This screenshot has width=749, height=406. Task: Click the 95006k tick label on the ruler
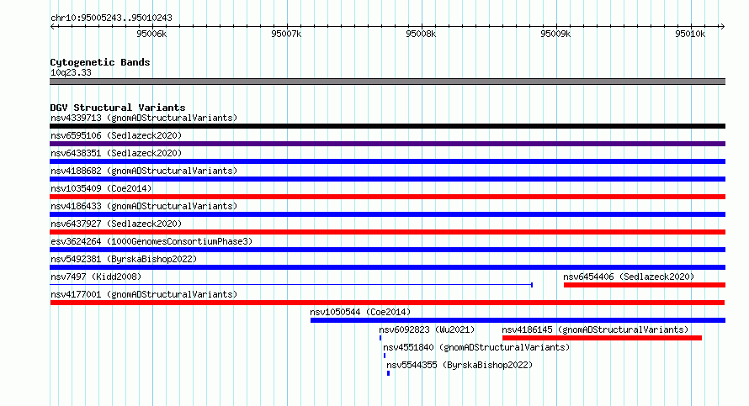click(x=151, y=34)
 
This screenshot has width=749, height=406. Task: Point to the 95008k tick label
click(x=421, y=34)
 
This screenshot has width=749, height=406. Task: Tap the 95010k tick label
click(x=690, y=34)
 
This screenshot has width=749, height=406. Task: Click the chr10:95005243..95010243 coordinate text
click(x=111, y=18)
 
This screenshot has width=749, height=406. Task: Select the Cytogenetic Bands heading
click(x=100, y=62)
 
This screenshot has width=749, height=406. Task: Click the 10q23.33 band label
click(x=71, y=72)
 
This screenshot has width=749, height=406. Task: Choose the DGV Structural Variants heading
click(x=118, y=108)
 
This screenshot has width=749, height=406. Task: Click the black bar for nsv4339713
click(x=387, y=126)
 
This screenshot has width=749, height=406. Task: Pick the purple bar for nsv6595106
click(x=387, y=144)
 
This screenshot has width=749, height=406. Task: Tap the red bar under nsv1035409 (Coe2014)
click(x=387, y=197)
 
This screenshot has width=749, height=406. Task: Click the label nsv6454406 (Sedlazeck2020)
click(x=629, y=277)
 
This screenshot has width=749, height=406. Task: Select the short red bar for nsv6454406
click(x=645, y=285)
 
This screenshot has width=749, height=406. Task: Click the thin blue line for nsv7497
click(x=291, y=285)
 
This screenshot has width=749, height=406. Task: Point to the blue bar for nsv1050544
click(x=518, y=320)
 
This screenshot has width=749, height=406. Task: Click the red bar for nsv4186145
click(x=602, y=338)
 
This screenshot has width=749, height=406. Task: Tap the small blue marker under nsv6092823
click(x=380, y=338)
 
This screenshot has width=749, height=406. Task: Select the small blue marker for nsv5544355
click(x=388, y=373)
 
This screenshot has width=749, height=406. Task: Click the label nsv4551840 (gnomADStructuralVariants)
click(x=476, y=347)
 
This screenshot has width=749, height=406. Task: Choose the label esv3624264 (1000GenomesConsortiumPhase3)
click(x=151, y=241)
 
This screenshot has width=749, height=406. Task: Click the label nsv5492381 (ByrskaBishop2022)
click(x=124, y=259)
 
